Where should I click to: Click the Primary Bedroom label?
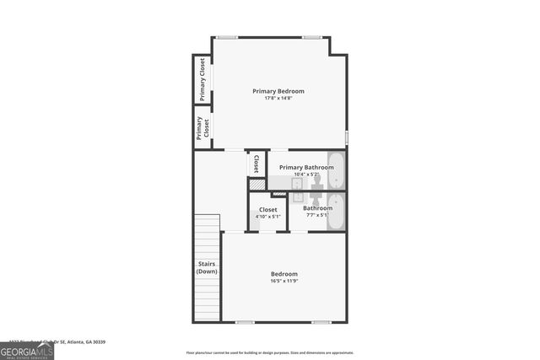pos(278,91)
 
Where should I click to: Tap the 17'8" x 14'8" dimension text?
pos(278,99)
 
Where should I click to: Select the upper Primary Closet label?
pos(202,79)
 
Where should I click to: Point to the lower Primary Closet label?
pos(202,128)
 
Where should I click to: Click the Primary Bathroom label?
pos(306,167)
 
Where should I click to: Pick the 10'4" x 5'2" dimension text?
pos(306,175)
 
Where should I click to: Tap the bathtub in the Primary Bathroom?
pos(336,169)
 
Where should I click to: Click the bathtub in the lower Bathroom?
pos(336,211)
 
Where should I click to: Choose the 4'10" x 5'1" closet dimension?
pos(267,216)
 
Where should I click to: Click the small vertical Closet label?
pos(256,164)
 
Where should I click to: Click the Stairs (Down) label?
pos(207,267)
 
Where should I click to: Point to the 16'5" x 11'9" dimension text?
pos(283,281)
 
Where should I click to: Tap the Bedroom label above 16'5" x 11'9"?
pos(283,274)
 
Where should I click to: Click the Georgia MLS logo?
pos(27,350)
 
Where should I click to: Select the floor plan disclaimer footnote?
pos(270,353)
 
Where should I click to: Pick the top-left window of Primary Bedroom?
pos(226,37)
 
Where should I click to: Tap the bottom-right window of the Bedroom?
pos(321,322)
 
